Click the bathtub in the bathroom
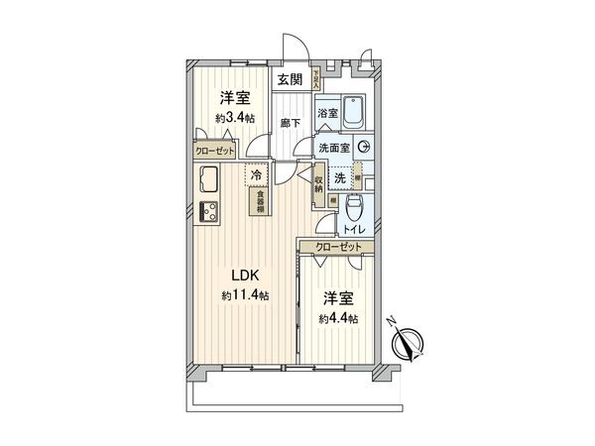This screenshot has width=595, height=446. pyautogui.click(x=356, y=111)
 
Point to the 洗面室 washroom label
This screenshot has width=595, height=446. pyautogui.click(x=334, y=148)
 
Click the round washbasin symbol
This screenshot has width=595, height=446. pyautogui.click(x=364, y=148)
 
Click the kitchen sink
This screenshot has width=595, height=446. pyautogui.click(x=209, y=181)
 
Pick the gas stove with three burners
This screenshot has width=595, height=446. pyautogui.click(x=209, y=210)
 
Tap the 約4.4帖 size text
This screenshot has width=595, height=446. pyautogui.click(x=339, y=318)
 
